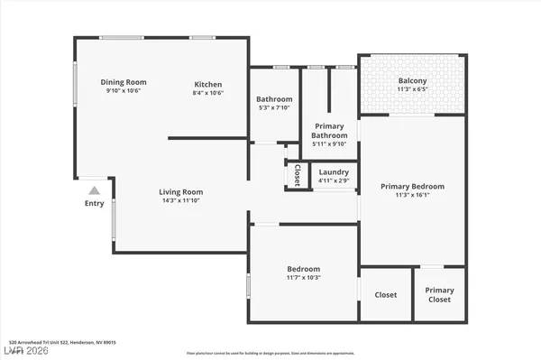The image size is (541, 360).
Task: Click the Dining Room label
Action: [123, 82]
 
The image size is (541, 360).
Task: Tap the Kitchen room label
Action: [208, 85]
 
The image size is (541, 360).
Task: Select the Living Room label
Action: [180, 191]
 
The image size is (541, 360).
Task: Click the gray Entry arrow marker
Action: [95, 190]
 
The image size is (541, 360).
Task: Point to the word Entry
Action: [95, 203]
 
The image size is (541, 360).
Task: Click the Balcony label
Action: [412, 80]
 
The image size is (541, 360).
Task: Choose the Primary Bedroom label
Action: [412, 187]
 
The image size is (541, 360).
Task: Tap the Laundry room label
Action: [334, 171]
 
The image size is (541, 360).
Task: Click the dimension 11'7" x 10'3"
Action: [303, 278]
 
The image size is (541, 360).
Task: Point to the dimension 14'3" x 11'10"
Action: [180, 201]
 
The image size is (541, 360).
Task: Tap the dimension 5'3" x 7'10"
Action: [274, 108]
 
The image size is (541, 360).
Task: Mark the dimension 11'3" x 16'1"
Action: [412, 196]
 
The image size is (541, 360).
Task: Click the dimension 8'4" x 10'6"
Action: [208, 93]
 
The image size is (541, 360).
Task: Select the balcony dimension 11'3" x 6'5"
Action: [412, 89]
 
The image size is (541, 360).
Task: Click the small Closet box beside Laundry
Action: [297, 175]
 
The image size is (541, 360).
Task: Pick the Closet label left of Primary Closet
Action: [386, 294]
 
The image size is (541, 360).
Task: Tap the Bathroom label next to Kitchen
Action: [274, 99]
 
